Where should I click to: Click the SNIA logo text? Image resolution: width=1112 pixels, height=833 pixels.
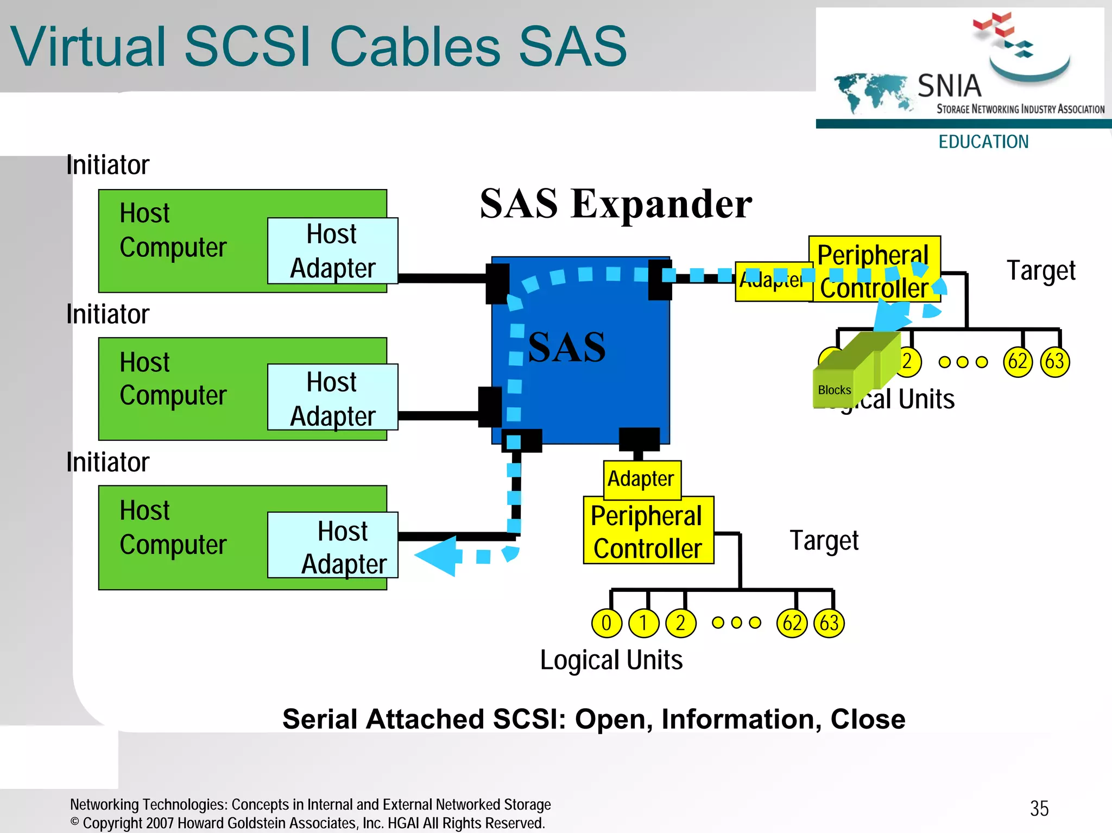pyautogui.click(x=949, y=86)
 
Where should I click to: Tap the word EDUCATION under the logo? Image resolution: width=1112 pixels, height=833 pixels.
pyautogui.click(x=983, y=142)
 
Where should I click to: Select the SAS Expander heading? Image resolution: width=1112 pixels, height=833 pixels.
pyautogui.click(x=616, y=204)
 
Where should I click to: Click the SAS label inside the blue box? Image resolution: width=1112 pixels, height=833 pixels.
pyautogui.click(x=566, y=347)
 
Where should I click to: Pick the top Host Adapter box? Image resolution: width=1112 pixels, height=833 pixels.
pyautogui.click(x=332, y=251)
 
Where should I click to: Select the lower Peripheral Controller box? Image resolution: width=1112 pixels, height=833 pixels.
pyautogui.click(x=648, y=531)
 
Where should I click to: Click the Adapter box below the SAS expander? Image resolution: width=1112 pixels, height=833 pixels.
pyautogui.click(x=641, y=479)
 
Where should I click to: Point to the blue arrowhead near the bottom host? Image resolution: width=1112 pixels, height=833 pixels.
pyautogui.click(x=438, y=556)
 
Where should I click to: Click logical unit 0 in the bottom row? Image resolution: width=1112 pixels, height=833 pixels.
pyautogui.click(x=606, y=623)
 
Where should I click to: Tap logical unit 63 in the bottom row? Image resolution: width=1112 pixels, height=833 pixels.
pyautogui.click(x=829, y=623)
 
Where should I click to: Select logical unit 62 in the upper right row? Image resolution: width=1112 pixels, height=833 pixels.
pyautogui.click(x=1017, y=362)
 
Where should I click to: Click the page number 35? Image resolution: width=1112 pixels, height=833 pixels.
pyautogui.click(x=1039, y=809)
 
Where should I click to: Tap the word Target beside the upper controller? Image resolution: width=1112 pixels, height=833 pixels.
pyautogui.click(x=1040, y=270)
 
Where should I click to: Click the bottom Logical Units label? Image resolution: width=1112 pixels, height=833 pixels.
pyautogui.click(x=611, y=660)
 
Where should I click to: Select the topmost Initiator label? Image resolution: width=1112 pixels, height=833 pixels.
pyautogui.click(x=108, y=165)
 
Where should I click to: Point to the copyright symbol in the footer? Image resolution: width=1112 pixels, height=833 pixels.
pyautogui.click(x=75, y=822)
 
